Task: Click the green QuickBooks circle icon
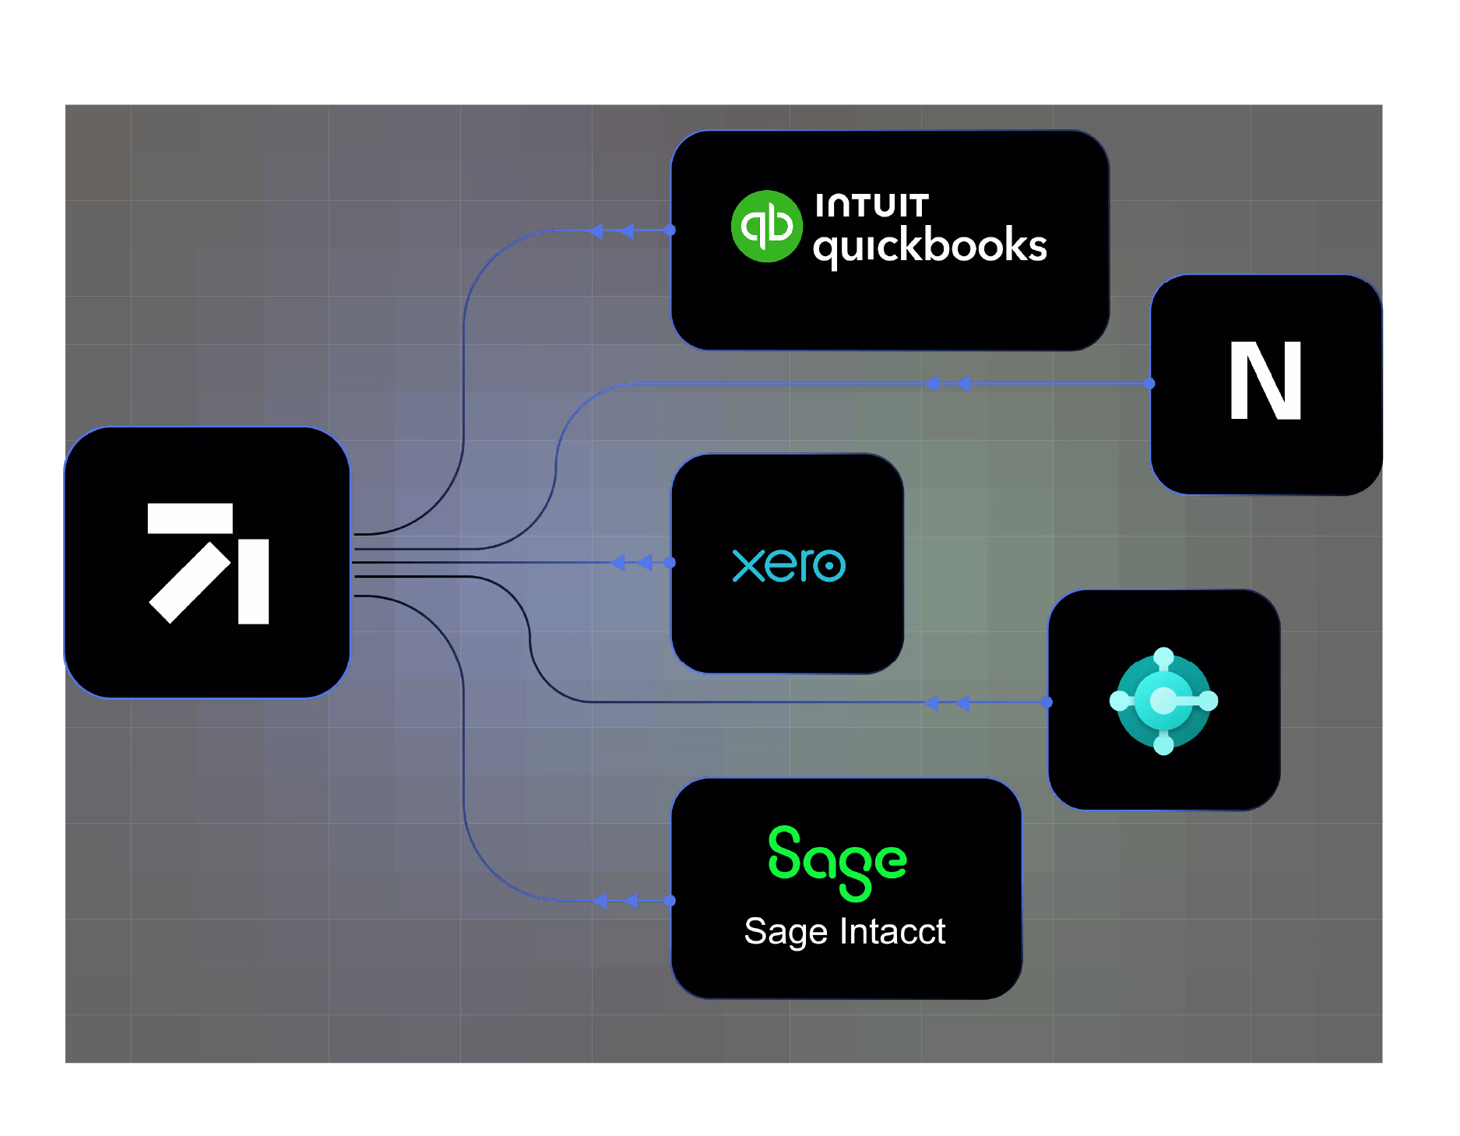point(766,227)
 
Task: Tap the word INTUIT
point(871,206)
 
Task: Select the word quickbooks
point(930,246)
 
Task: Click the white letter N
point(1265,381)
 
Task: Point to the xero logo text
point(789,564)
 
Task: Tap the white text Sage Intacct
point(845,931)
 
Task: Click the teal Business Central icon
point(1163,701)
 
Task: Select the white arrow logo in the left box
point(209,563)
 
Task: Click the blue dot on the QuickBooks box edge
point(670,230)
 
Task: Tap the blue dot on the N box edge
point(1149,384)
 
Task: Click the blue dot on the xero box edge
point(670,562)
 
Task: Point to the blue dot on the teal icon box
point(1047,702)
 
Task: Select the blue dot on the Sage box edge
point(670,901)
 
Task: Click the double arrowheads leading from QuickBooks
point(611,231)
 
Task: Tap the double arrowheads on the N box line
point(947,384)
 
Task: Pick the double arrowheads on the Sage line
point(615,901)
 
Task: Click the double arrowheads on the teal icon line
point(946,703)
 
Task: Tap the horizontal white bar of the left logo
point(190,519)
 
